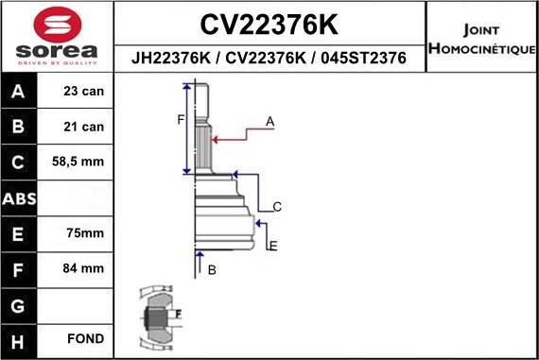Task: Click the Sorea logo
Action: tap(57, 38)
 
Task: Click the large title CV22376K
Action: tap(270, 24)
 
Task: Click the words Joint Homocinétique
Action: tap(482, 39)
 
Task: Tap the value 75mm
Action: tap(85, 232)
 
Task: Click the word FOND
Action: tap(85, 338)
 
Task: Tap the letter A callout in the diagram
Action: tap(269, 121)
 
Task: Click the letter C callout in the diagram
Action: tap(277, 207)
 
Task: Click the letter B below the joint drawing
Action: tap(212, 270)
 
